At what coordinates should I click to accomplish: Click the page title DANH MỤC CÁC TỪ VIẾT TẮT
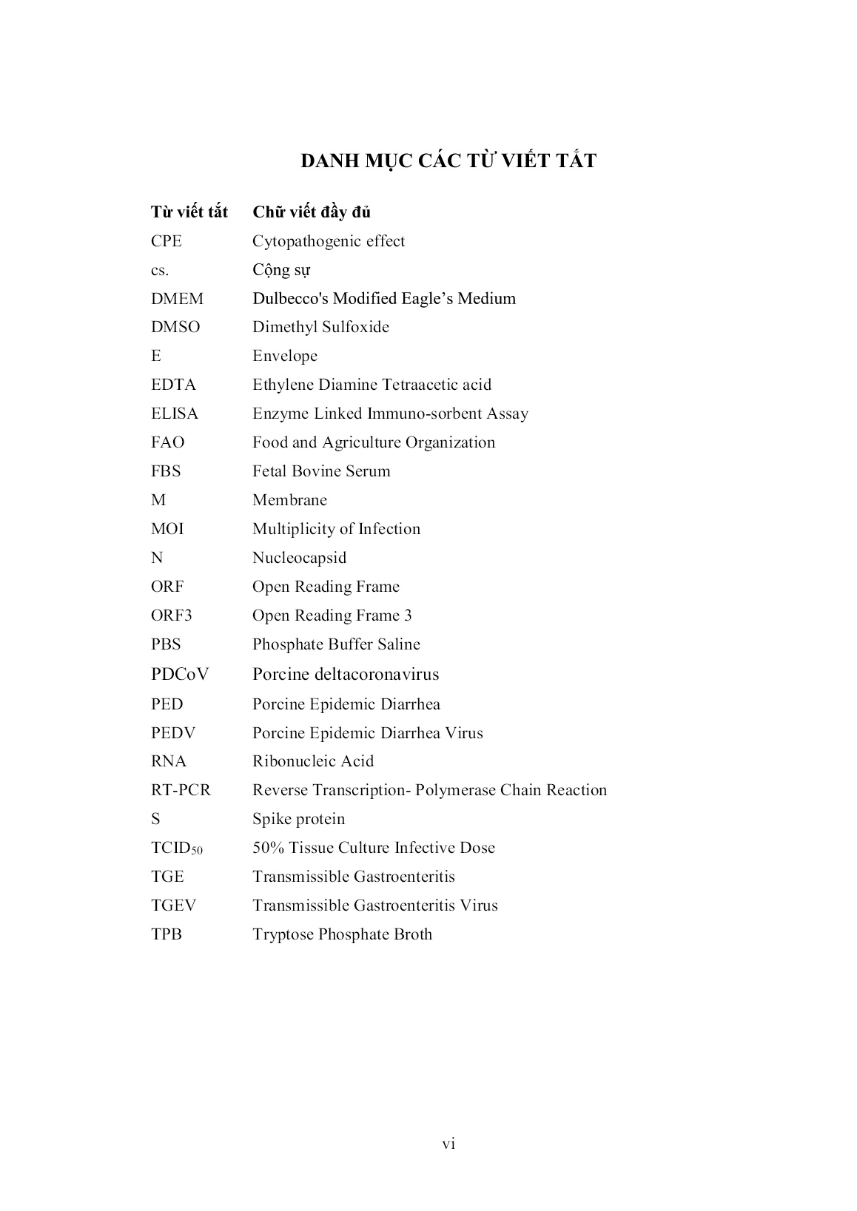(448, 161)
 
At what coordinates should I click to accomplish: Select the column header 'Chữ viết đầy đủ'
(312, 212)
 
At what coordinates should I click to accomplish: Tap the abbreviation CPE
(166, 241)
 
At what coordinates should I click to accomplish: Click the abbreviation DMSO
(175, 327)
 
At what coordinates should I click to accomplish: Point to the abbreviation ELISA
(175, 414)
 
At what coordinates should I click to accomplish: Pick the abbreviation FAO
(168, 442)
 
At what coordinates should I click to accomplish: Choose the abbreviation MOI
(167, 529)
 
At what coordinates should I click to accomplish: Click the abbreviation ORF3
(172, 615)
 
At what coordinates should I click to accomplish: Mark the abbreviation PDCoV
(180, 674)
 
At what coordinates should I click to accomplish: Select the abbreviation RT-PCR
(181, 790)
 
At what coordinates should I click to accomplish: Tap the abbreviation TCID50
(176, 849)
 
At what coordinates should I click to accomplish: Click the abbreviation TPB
(167, 934)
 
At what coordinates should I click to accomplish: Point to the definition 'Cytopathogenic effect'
(329, 241)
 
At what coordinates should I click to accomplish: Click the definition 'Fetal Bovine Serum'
(321, 471)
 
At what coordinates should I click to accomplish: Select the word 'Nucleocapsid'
(299, 558)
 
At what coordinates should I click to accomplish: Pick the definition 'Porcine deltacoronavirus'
(346, 674)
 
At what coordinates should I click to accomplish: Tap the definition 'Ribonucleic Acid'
(313, 761)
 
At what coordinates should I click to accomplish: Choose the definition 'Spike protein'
(298, 819)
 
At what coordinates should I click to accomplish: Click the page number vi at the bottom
(448, 1144)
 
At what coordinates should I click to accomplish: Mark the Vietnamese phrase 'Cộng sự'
(281, 270)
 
